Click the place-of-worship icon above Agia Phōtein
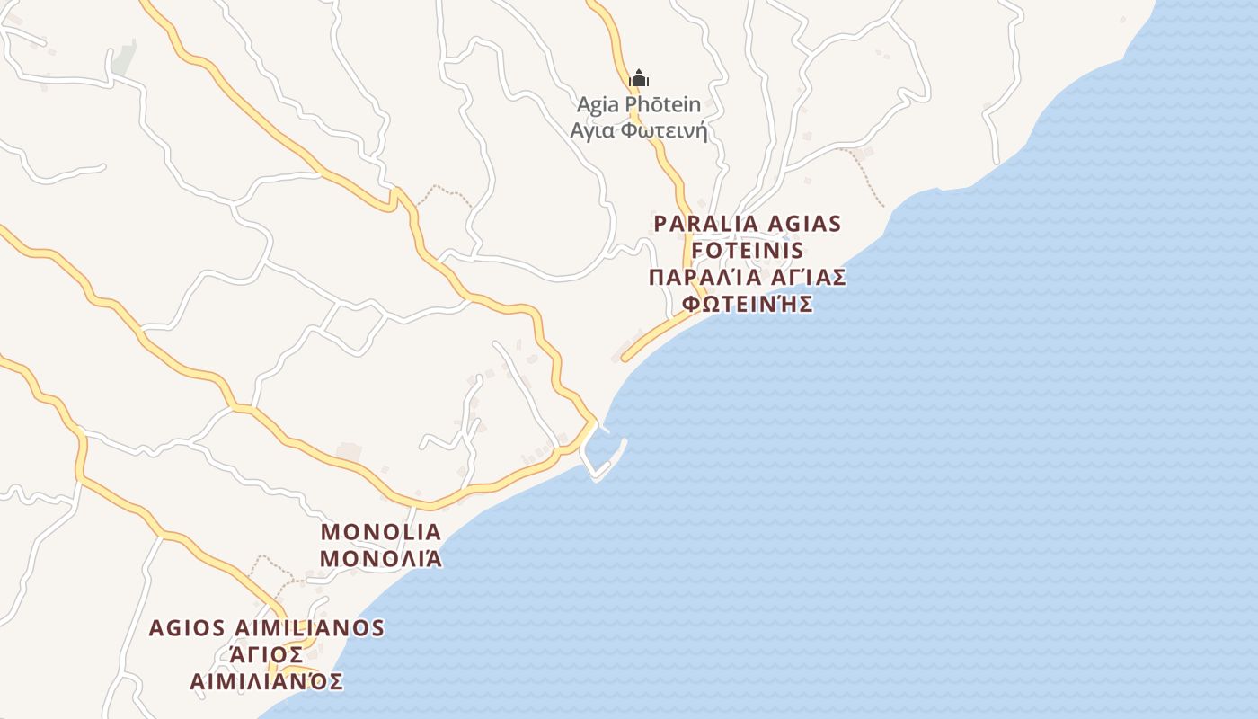(639, 79)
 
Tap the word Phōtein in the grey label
(662, 105)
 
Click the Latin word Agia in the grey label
(598, 105)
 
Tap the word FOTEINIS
(748, 250)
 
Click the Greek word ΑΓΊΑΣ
(809, 277)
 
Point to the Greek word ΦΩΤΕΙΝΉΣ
(748, 304)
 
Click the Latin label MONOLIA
(381, 531)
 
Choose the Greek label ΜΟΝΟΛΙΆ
(381, 558)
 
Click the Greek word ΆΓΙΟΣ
(267, 654)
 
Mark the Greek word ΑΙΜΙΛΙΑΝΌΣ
(267, 681)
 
